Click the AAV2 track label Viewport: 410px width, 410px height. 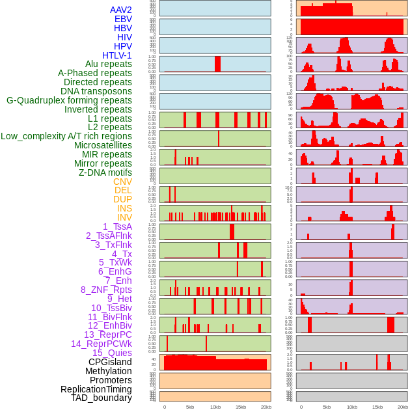(x=120, y=10)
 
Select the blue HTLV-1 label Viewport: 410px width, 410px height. (x=117, y=55)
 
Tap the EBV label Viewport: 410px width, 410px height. (x=123, y=19)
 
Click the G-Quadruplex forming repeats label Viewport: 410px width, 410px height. (x=69, y=100)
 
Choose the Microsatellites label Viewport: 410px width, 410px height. (x=103, y=145)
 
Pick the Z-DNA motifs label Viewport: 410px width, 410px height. (x=105, y=172)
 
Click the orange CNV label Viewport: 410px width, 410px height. (x=122, y=182)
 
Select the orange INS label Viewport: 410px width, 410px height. (x=124, y=208)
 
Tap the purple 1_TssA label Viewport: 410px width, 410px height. (x=117, y=226)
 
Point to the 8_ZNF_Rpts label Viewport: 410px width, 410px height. (x=106, y=290)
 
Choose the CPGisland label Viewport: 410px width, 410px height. (x=110, y=362)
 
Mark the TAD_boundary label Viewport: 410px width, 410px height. (x=102, y=398)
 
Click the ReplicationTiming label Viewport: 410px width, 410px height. (x=96, y=389)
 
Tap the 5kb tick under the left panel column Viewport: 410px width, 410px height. (x=190, y=407)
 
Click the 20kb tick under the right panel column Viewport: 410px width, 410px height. (x=403, y=407)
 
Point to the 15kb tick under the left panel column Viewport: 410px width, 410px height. (x=241, y=407)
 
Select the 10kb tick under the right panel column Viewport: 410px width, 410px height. (x=351, y=407)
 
